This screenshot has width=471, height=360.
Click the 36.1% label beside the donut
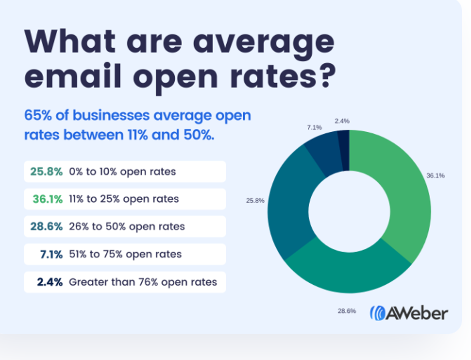coord(435,176)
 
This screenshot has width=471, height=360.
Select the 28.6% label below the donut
coord(347,311)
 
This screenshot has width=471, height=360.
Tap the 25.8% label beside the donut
coord(255,200)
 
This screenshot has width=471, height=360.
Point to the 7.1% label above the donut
coord(314,127)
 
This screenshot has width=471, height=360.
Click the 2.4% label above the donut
coord(342,121)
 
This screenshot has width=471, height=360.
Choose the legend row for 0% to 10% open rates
coord(124,172)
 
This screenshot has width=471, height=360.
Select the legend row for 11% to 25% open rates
coord(124,199)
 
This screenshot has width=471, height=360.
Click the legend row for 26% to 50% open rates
coord(124,227)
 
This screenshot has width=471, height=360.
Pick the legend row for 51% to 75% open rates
coord(124,254)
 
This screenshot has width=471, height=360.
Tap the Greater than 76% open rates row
coord(124,282)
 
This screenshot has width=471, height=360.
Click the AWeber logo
coord(408,312)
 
